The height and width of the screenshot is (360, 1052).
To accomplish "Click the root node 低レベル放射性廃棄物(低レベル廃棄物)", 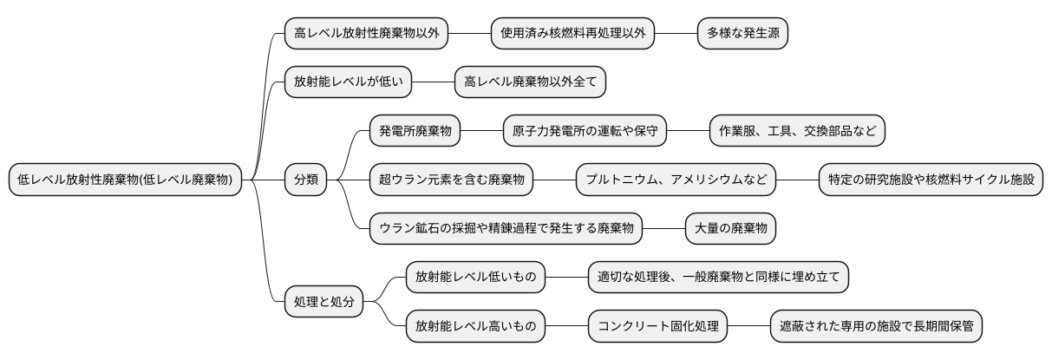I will [125, 180].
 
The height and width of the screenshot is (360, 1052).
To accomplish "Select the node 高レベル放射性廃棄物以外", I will [367, 34].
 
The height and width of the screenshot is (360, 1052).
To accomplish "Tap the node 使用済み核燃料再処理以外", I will [573, 34].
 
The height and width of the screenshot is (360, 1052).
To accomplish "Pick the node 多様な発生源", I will [743, 34].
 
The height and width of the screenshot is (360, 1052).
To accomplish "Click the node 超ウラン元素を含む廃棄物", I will [452, 180].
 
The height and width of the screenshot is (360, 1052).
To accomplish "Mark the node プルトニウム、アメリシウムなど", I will [676, 180].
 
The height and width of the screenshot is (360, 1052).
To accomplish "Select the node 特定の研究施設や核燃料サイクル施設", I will [931, 180].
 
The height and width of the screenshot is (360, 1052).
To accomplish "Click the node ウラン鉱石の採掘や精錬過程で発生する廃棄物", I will [506, 228].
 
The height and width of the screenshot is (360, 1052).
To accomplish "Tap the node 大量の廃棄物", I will [730, 228].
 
